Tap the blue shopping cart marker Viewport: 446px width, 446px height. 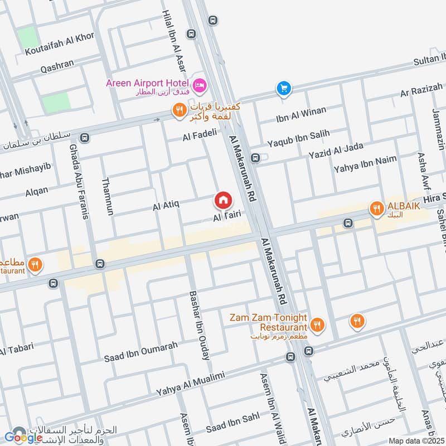284,88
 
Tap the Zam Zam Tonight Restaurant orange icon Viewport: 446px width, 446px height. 317,324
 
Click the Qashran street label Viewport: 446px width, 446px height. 57,65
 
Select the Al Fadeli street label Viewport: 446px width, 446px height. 199,135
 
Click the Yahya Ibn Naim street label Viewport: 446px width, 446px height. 365,163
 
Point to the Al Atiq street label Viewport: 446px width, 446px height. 166,206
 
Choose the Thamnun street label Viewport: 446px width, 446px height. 108,197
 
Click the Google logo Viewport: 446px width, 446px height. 23,437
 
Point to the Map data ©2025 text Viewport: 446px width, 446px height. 416,441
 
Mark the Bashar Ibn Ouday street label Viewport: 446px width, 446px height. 200,325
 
